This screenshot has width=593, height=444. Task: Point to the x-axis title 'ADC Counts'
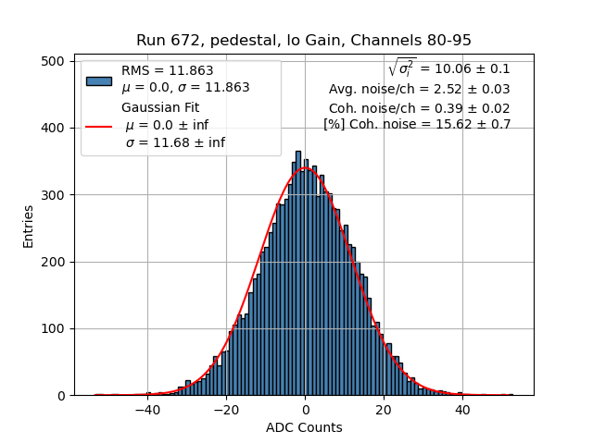pyautogui.click(x=304, y=427)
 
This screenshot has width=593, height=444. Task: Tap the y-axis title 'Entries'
pyautogui.click(x=29, y=225)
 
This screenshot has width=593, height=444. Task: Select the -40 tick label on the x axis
pyautogui.click(x=146, y=410)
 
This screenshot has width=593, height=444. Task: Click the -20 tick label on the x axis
pyautogui.click(x=225, y=410)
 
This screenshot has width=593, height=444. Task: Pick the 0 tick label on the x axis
pyautogui.click(x=305, y=410)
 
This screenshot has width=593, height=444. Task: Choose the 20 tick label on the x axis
pyautogui.click(x=384, y=410)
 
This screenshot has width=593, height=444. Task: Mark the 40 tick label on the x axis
pyautogui.click(x=462, y=410)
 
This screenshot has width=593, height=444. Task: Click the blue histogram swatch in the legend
pyautogui.click(x=98, y=80)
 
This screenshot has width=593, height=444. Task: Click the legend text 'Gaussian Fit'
pyautogui.click(x=160, y=107)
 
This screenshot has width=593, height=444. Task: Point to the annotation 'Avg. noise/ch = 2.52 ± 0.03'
pyautogui.click(x=419, y=89)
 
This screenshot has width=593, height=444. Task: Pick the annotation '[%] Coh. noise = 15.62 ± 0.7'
pyautogui.click(x=417, y=124)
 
